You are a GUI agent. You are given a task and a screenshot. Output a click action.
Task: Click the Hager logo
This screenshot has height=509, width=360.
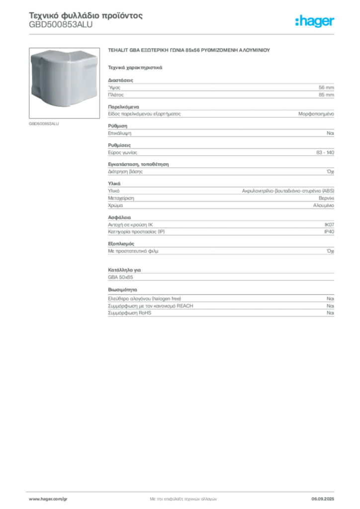click(315, 21)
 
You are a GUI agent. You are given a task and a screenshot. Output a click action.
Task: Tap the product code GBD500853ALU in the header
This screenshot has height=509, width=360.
click(61, 25)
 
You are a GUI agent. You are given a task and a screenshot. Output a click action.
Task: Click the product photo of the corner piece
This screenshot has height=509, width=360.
click(64, 83)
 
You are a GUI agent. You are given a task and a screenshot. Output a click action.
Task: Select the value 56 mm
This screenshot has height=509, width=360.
click(326, 87)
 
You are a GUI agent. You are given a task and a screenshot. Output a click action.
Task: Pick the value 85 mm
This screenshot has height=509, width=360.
click(326, 95)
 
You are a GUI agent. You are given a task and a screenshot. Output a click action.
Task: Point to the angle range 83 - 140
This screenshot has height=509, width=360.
click(325, 153)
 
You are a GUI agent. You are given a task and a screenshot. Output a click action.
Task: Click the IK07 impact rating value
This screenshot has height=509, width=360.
click(329, 225)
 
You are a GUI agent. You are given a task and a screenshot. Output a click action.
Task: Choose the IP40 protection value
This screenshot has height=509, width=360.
click(329, 232)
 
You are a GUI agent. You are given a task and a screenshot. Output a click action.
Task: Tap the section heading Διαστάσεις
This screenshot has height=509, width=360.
click(120, 80)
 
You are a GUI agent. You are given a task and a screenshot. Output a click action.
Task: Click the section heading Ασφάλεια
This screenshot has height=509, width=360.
click(119, 218)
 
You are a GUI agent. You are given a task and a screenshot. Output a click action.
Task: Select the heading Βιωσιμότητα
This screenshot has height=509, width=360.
click(122, 290)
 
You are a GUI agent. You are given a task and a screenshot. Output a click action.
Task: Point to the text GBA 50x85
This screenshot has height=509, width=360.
click(120, 277)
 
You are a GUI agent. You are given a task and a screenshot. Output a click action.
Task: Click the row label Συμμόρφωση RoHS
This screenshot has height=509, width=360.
click(129, 313)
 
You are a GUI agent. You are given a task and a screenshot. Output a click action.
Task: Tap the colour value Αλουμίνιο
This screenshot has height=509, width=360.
click(324, 205)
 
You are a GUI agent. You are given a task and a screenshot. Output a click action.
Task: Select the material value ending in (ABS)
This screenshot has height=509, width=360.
click(288, 191)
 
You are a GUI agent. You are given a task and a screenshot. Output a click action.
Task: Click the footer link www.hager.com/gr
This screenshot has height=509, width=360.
click(48, 499)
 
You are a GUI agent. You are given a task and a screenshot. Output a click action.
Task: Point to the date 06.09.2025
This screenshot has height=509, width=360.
click(323, 499)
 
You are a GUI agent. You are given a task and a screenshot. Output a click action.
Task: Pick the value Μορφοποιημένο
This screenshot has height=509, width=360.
click(316, 114)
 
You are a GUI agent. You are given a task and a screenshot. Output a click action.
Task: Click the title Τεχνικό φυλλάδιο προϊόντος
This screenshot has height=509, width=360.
click(86, 15)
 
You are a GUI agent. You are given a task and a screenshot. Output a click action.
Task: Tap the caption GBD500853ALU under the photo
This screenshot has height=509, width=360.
click(44, 124)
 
